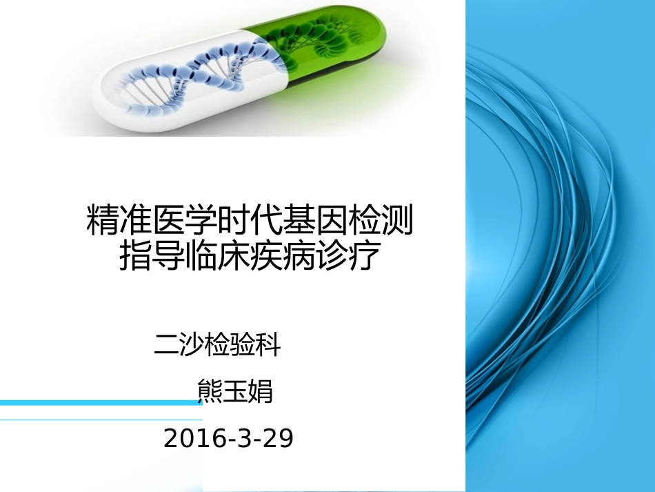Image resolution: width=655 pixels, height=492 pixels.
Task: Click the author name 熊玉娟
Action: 235,391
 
